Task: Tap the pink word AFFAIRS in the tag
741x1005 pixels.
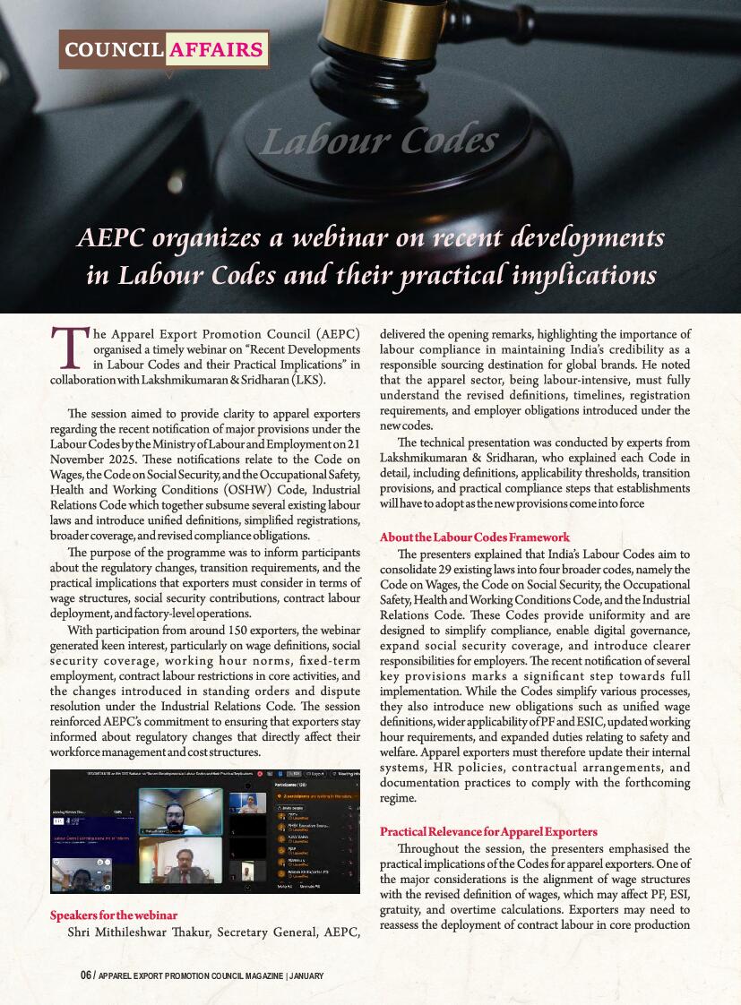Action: tap(216, 50)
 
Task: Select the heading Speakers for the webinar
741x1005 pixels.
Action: tap(113, 915)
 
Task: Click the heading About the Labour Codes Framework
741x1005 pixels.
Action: tap(474, 537)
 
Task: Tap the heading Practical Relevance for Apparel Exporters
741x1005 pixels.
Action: tap(488, 832)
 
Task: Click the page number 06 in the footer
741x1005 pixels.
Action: tap(85, 975)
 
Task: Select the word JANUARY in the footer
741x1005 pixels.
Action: tap(307, 975)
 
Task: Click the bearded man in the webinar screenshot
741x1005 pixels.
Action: tap(179, 809)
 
